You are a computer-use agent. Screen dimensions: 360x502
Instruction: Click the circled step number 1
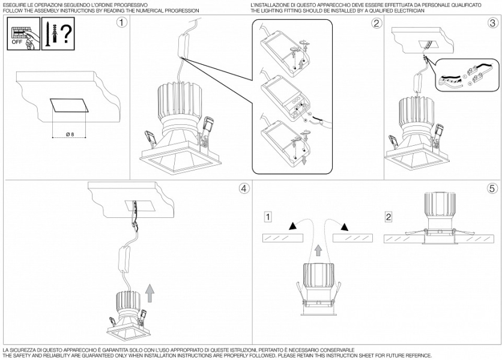(x=122, y=23)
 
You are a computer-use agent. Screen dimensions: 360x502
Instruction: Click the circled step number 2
(x=376, y=23)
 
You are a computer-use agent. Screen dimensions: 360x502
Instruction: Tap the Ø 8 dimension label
(x=70, y=135)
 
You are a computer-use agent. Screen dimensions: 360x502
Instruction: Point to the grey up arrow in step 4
(x=150, y=293)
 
